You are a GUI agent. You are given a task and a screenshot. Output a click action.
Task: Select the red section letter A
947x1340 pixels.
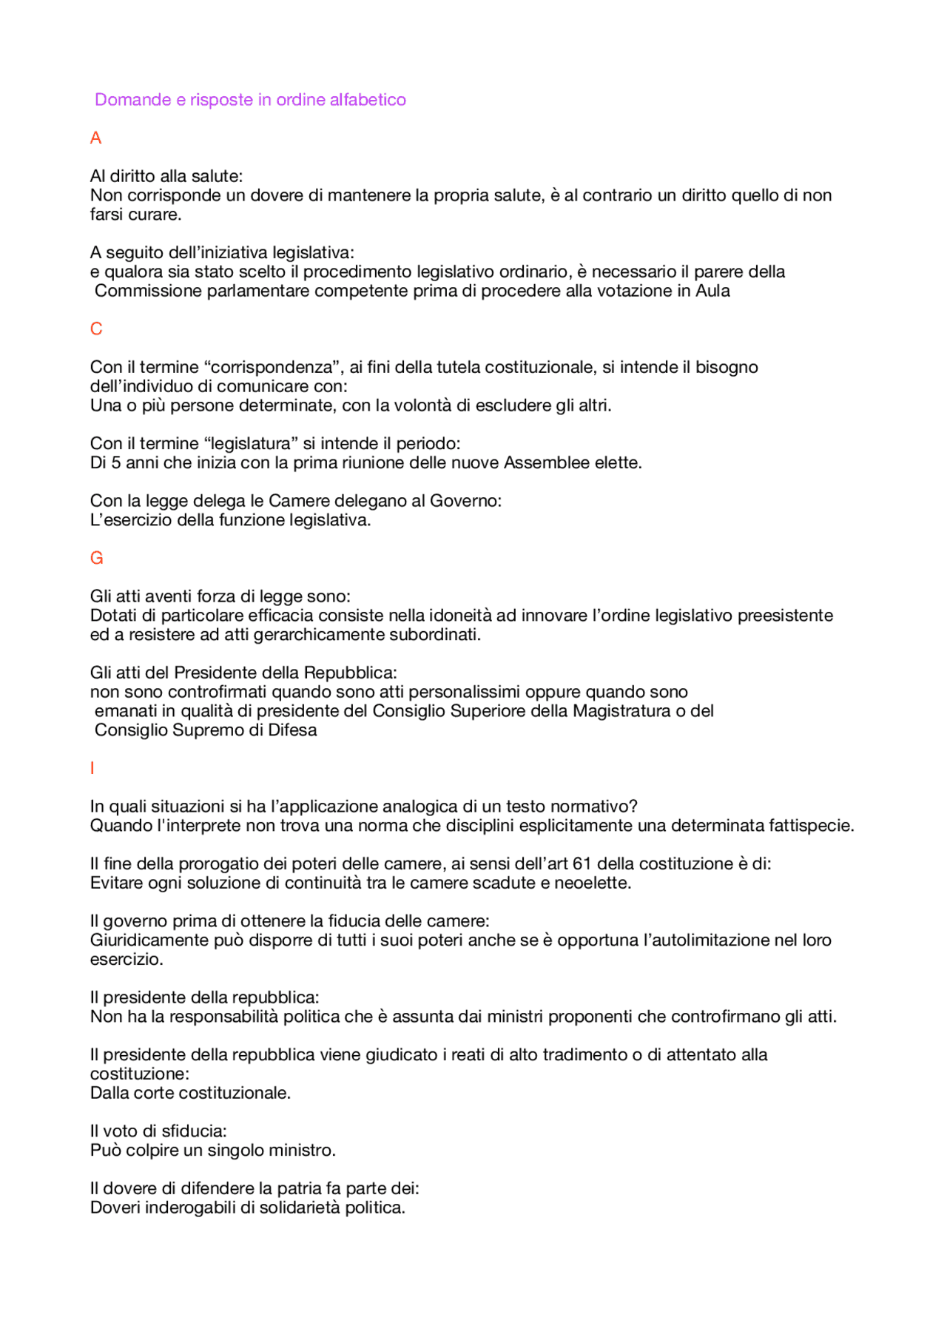point(95,138)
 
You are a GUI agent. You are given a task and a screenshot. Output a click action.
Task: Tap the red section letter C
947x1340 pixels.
point(96,329)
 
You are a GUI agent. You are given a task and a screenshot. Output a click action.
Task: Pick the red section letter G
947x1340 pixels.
point(96,559)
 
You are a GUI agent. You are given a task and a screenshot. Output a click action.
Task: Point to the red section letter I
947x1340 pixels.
point(92,769)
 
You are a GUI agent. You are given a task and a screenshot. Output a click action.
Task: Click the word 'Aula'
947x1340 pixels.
point(712,291)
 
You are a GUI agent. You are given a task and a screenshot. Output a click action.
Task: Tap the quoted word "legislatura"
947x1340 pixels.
point(250,444)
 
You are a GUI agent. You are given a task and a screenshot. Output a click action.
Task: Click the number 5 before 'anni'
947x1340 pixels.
point(116,463)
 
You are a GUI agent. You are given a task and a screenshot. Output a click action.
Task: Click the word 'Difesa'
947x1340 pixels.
point(292,730)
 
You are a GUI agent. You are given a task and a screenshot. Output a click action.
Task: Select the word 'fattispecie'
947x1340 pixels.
point(811,826)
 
